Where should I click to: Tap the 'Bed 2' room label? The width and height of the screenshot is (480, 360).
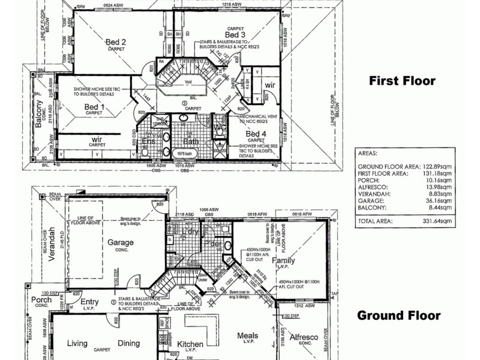[115, 41]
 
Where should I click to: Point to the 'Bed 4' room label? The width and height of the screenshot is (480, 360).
[256, 133]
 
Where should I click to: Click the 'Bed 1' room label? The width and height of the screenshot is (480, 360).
[94, 107]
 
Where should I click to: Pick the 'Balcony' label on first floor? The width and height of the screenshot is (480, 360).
[39, 113]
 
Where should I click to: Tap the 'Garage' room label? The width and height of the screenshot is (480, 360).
[121, 242]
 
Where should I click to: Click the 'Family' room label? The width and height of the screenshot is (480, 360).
[283, 261]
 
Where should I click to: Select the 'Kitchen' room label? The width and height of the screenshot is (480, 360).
[190, 344]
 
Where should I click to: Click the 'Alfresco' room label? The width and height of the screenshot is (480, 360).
[303, 338]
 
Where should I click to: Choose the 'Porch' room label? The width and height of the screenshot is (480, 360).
[41, 299]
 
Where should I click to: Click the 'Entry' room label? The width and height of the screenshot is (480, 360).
[89, 302]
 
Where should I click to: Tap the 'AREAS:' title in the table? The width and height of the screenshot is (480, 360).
[367, 153]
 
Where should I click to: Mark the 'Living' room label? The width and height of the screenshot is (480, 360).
[77, 344]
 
